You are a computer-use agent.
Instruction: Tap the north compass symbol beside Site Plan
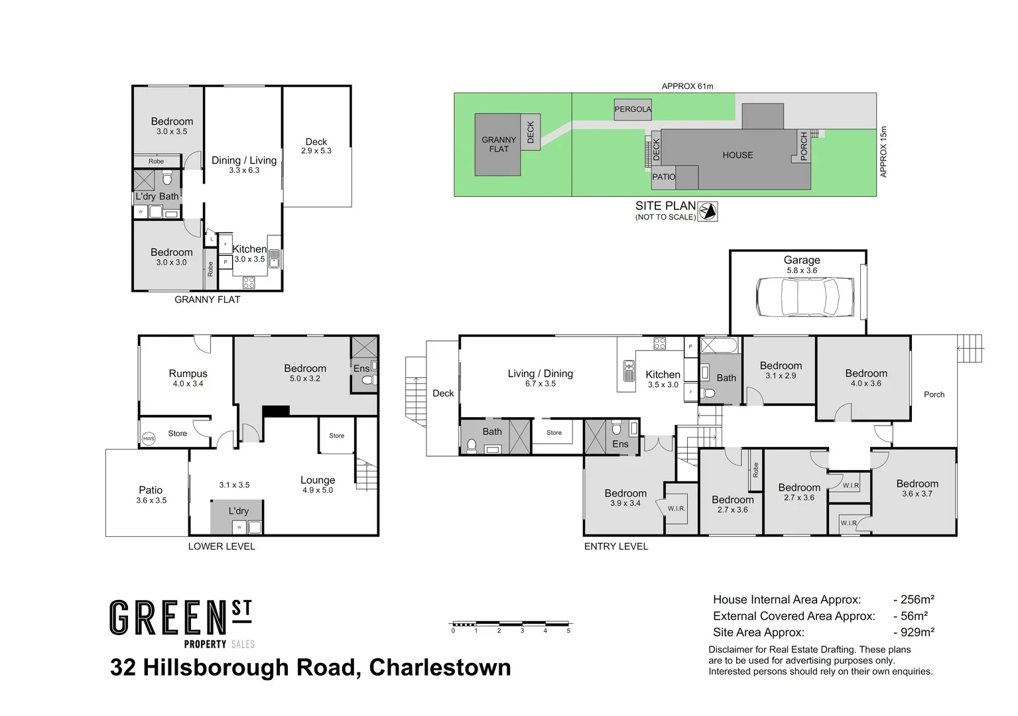(x=708, y=211)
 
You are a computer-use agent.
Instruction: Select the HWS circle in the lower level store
(x=149, y=438)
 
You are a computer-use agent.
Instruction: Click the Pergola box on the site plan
(x=633, y=109)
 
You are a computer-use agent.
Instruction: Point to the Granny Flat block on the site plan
(x=498, y=145)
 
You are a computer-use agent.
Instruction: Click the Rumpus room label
(x=188, y=374)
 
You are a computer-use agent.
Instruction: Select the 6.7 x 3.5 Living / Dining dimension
(x=540, y=384)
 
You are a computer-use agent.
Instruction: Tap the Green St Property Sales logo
(x=182, y=623)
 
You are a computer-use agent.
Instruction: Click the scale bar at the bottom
(x=511, y=624)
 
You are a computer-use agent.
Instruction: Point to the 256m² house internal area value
(x=915, y=600)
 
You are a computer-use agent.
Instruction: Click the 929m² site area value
(x=915, y=632)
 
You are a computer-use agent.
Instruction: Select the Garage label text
(x=802, y=260)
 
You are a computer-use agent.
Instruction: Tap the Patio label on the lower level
(x=151, y=490)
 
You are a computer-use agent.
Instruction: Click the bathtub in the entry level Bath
(x=718, y=345)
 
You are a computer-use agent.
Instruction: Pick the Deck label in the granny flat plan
(x=316, y=142)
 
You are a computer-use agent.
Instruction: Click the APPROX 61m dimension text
(x=687, y=86)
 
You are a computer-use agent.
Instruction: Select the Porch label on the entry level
(x=934, y=394)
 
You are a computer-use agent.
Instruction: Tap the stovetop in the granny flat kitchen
(x=249, y=282)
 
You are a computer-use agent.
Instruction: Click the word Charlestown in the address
(x=440, y=667)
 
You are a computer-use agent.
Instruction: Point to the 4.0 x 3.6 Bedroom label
(x=866, y=373)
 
